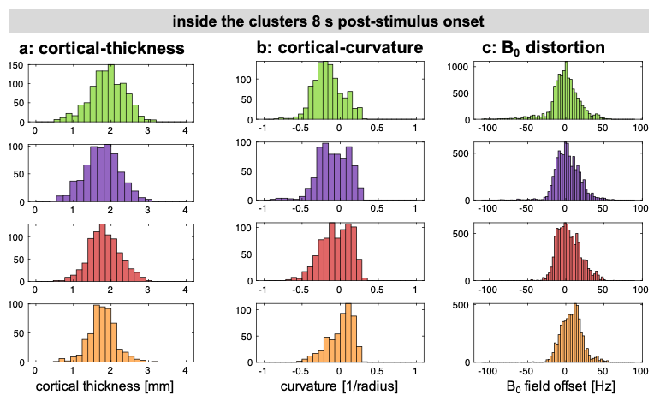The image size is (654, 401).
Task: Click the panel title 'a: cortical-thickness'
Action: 101,48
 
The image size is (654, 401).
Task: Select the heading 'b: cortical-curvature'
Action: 340,48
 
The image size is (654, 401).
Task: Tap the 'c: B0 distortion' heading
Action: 544,48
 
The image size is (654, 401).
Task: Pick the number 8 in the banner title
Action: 316,21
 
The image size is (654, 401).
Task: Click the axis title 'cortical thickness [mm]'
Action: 104,386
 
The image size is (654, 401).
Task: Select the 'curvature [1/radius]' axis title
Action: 339,386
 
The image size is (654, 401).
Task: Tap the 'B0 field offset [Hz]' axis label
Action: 561,386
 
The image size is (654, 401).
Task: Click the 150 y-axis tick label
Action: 16,65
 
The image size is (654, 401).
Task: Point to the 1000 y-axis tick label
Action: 458,67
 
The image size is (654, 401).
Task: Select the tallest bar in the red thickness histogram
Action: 102,253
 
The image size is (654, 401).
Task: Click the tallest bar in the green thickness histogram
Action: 111,93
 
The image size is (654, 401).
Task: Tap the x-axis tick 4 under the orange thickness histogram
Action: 185,370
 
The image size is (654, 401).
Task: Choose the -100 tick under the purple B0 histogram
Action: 487,208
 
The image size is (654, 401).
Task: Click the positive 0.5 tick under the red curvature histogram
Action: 377,289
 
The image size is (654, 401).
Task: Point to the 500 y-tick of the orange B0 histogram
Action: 461,305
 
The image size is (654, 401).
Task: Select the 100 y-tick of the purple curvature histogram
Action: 244,143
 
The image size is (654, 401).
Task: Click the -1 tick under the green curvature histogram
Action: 262,128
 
